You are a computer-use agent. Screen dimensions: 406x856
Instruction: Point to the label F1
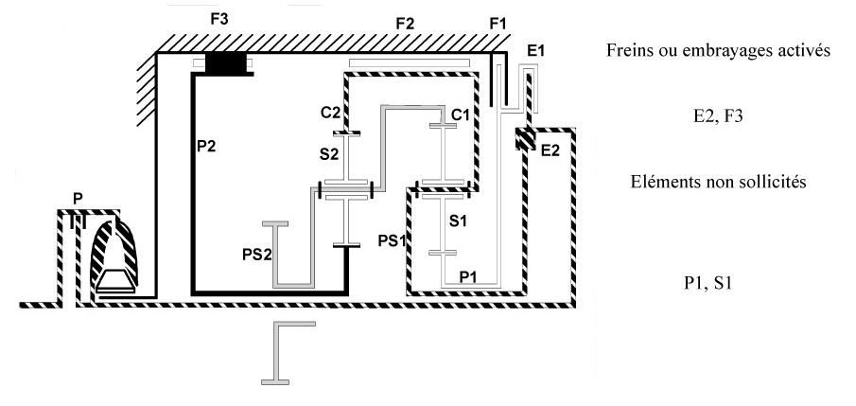[498, 23]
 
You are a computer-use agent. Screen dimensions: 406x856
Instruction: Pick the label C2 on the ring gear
[329, 112]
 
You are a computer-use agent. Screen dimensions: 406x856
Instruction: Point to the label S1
[459, 221]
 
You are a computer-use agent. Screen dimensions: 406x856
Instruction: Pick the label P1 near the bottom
[468, 275]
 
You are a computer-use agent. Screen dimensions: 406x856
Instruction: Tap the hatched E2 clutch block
[524, 139]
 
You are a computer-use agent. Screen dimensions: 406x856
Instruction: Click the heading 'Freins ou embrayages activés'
[718, 52]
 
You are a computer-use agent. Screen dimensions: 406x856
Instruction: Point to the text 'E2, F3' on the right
[718, 117]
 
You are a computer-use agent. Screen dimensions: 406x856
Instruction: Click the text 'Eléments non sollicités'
[718, 183]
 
